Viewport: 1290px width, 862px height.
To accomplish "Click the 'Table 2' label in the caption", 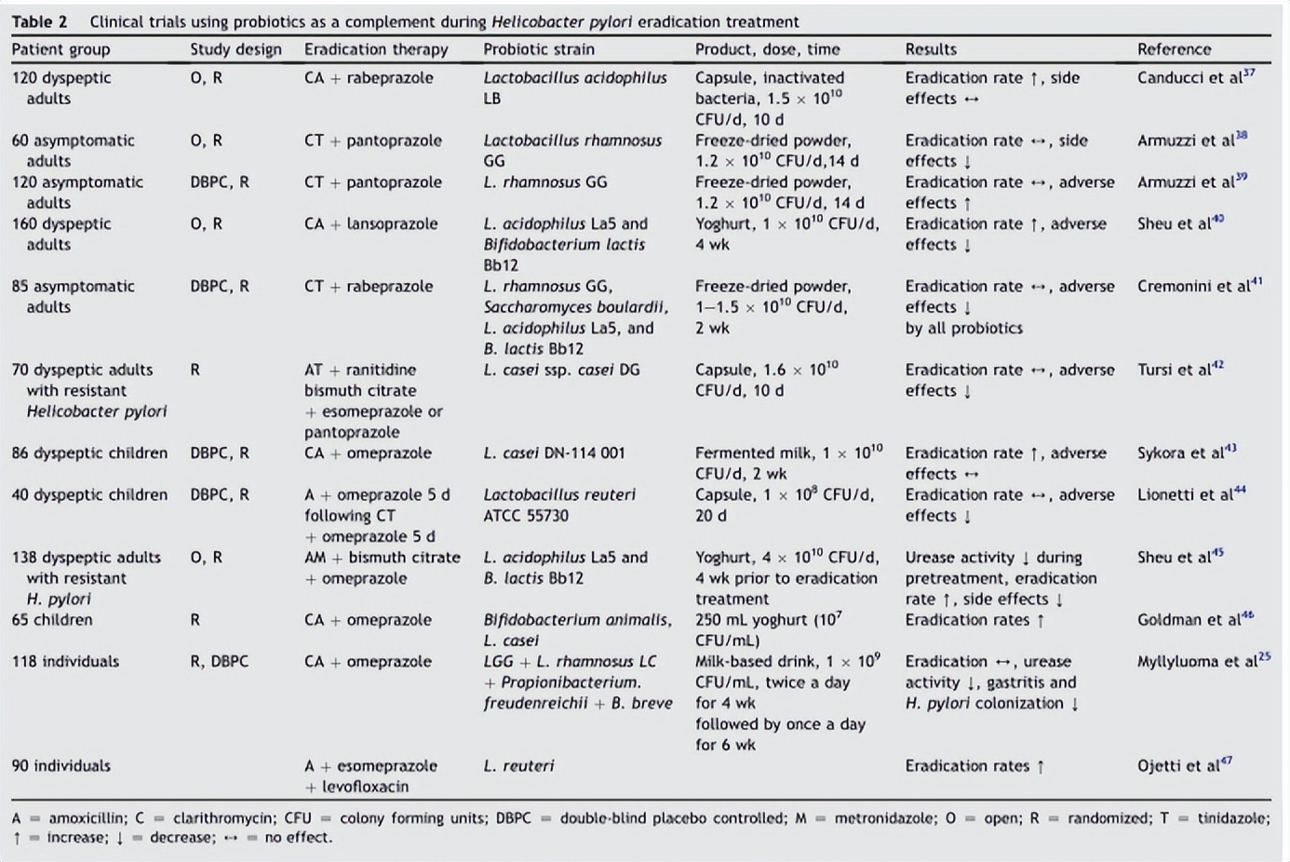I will pos(39,21).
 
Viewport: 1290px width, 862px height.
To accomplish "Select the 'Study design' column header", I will pos(235,49).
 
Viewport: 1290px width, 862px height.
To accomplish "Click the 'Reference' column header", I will pos(1174,49).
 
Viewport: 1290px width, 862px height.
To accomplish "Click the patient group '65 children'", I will pos(52,620).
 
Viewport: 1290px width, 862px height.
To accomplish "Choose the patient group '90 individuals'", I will pos(60,766).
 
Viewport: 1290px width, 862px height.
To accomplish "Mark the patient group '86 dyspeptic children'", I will pos(89,453).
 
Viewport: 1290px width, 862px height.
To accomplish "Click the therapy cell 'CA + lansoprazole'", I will pos(368,224).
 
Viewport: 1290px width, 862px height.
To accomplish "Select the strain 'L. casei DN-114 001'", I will pos(554,453).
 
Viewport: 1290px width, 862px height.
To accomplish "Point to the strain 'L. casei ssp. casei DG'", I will pos(561,370).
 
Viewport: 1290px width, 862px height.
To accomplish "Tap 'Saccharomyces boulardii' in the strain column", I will pos(574,307).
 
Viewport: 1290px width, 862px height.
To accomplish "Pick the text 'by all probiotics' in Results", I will pos(963,328).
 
